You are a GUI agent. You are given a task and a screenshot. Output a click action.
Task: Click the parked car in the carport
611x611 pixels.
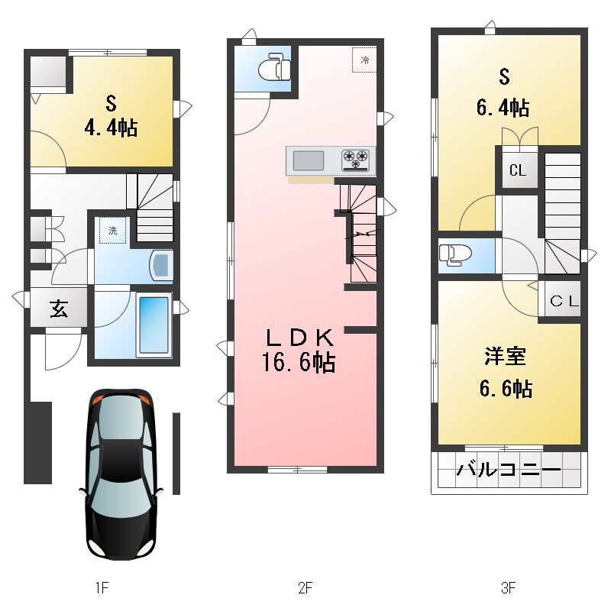[121, 474]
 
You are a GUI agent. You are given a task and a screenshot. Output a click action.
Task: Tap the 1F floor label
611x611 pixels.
[102, 587]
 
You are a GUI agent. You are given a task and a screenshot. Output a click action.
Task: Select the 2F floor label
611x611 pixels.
[305, 587]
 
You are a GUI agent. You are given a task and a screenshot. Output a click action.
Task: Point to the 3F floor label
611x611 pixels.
[509, 587]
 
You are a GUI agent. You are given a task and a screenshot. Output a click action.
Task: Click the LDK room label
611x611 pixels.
[300, 338]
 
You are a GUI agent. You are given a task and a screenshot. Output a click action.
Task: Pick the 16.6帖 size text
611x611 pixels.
[299, 362]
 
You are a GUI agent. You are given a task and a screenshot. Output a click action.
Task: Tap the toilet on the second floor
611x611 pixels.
[275, 69]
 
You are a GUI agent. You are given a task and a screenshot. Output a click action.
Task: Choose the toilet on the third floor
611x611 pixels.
[454, 255]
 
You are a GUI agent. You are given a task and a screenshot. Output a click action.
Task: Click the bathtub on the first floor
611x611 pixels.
[154, 326]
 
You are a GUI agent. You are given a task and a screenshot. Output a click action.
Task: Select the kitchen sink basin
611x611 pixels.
[309, 160]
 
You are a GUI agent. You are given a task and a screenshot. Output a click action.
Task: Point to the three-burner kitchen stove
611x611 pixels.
[355, 160]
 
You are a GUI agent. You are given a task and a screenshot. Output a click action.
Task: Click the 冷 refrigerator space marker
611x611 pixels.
[364, 60]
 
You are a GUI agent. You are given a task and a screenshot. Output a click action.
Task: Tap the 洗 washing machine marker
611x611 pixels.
[112, 231]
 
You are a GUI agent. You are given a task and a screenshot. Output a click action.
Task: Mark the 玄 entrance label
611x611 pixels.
[59, 309]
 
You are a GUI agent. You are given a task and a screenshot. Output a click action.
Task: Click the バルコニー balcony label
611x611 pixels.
[509, 470]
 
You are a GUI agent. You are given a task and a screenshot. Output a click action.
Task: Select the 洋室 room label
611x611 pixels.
[506, 356]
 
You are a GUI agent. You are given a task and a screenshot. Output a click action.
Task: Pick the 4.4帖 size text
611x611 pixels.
[111, 128]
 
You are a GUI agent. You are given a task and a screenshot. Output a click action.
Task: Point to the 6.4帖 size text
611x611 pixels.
[503, 108]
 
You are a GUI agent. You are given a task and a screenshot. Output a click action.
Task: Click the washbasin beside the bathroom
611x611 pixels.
[161, 265]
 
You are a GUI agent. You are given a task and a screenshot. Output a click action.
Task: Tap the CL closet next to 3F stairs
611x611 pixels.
[518, 170]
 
